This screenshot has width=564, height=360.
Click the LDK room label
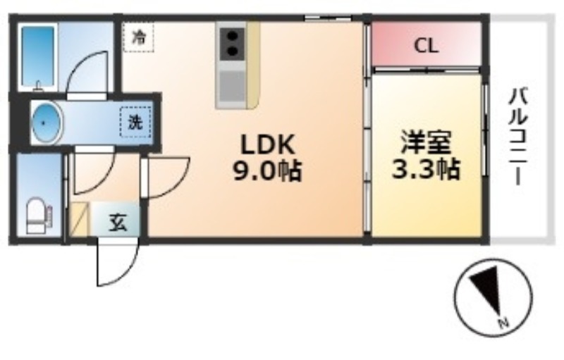click(268, 145)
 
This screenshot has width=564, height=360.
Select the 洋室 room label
click(427, 142)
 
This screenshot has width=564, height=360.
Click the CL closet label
click(427, 46)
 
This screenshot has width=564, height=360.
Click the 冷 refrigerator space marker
click(138, 37)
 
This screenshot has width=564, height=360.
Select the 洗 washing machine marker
click(135, 123)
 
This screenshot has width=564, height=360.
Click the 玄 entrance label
click(118, 223)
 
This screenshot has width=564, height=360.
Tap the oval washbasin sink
click(46, 123)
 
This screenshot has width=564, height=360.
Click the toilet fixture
click(37, 216)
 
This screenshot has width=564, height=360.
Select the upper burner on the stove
click(233, 37)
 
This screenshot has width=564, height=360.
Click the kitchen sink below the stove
click(232, 86)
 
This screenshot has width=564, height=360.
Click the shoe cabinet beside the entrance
click(79, 220)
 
